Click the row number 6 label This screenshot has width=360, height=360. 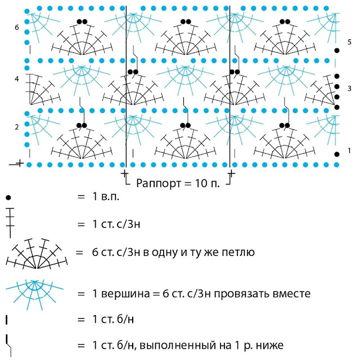[x=17, y=28]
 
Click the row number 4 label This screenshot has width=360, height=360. [x=17, y=79]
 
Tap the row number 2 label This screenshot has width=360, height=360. [x=17, y=127]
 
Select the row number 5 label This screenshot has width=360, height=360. [x=349, y=43]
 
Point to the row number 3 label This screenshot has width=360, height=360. [x=349, y=89]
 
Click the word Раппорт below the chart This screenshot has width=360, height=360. [x=154, y=183]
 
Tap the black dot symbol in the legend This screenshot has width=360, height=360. [x=8, y=198]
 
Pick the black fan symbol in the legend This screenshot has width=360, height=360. [x=37, y=253]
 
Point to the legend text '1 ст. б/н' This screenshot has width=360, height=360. [x=112, y=319]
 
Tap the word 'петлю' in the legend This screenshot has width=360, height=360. [x=239, y=253]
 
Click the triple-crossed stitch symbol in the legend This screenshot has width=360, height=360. [x=9, y=224]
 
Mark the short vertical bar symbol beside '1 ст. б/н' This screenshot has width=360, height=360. [x=7, y=319]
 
